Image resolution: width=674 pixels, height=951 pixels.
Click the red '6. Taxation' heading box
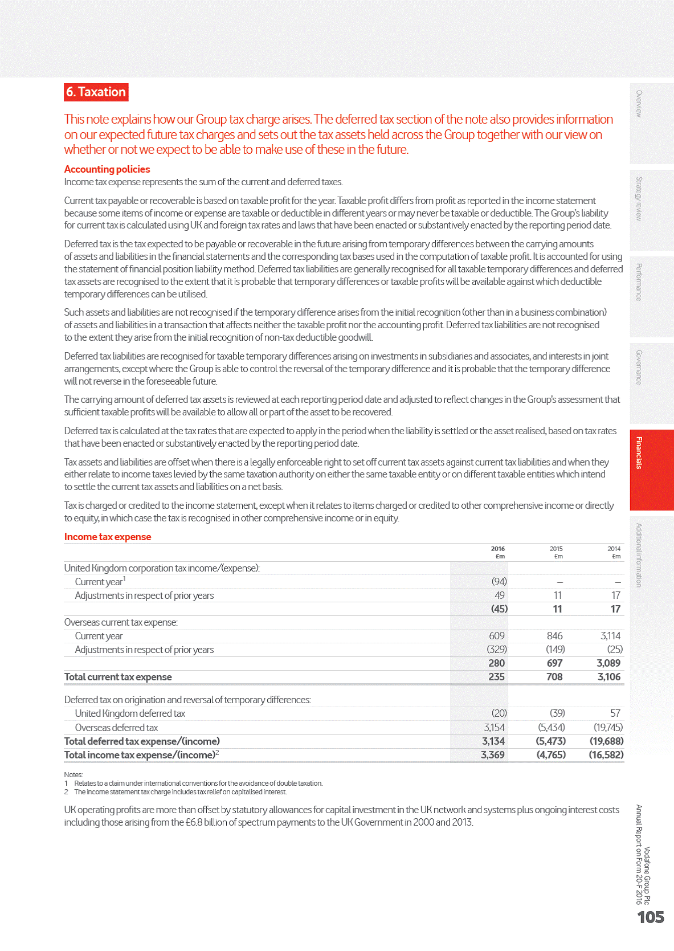point(96,92)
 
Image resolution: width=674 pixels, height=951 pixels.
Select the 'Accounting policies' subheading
point(107,169)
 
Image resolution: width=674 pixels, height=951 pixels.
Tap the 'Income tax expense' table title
point(108,537)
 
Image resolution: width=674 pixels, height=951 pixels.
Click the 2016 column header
point(498,552)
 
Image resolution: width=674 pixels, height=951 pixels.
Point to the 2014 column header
point(614,552)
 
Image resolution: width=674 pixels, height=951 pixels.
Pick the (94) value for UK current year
point(499,581)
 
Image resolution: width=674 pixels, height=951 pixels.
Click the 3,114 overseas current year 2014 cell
point(610,636)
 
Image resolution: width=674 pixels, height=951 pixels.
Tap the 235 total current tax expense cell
point(496,677)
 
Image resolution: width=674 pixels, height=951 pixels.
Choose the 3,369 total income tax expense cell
point(493,755)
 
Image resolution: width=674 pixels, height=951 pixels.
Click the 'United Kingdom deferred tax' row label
point(130,713)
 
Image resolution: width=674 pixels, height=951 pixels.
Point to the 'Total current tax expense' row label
point(118,677)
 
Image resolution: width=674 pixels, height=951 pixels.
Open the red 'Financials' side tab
point(651,470)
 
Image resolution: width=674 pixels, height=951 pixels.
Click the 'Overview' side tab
point(651,124)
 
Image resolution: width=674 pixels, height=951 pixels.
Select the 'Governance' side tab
point(651,383)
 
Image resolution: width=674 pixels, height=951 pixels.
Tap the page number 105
point(651,917)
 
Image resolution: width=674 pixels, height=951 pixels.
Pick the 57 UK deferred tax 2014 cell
point(615,713)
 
